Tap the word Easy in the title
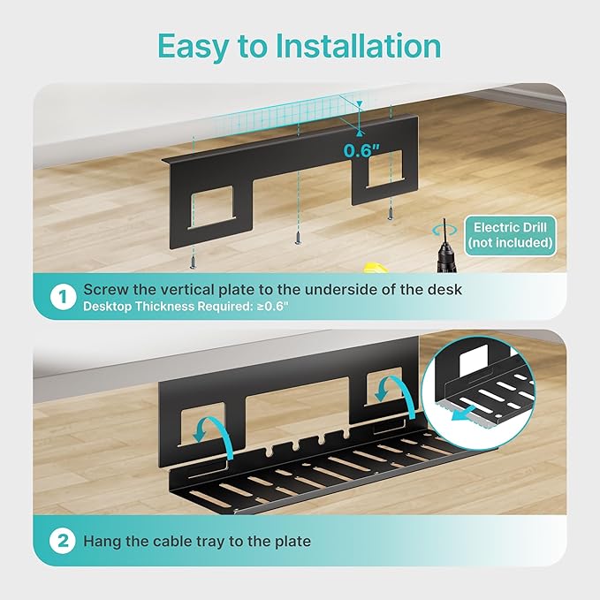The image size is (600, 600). (192, 45)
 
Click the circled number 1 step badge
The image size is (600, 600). (63, 297)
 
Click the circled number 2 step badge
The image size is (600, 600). (63, 541)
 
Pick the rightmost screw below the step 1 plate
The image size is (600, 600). (389, 213)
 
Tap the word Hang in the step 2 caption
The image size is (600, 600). (102, 541)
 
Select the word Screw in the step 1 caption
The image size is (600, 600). (104, 289)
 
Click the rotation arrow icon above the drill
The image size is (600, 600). (434, 227)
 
